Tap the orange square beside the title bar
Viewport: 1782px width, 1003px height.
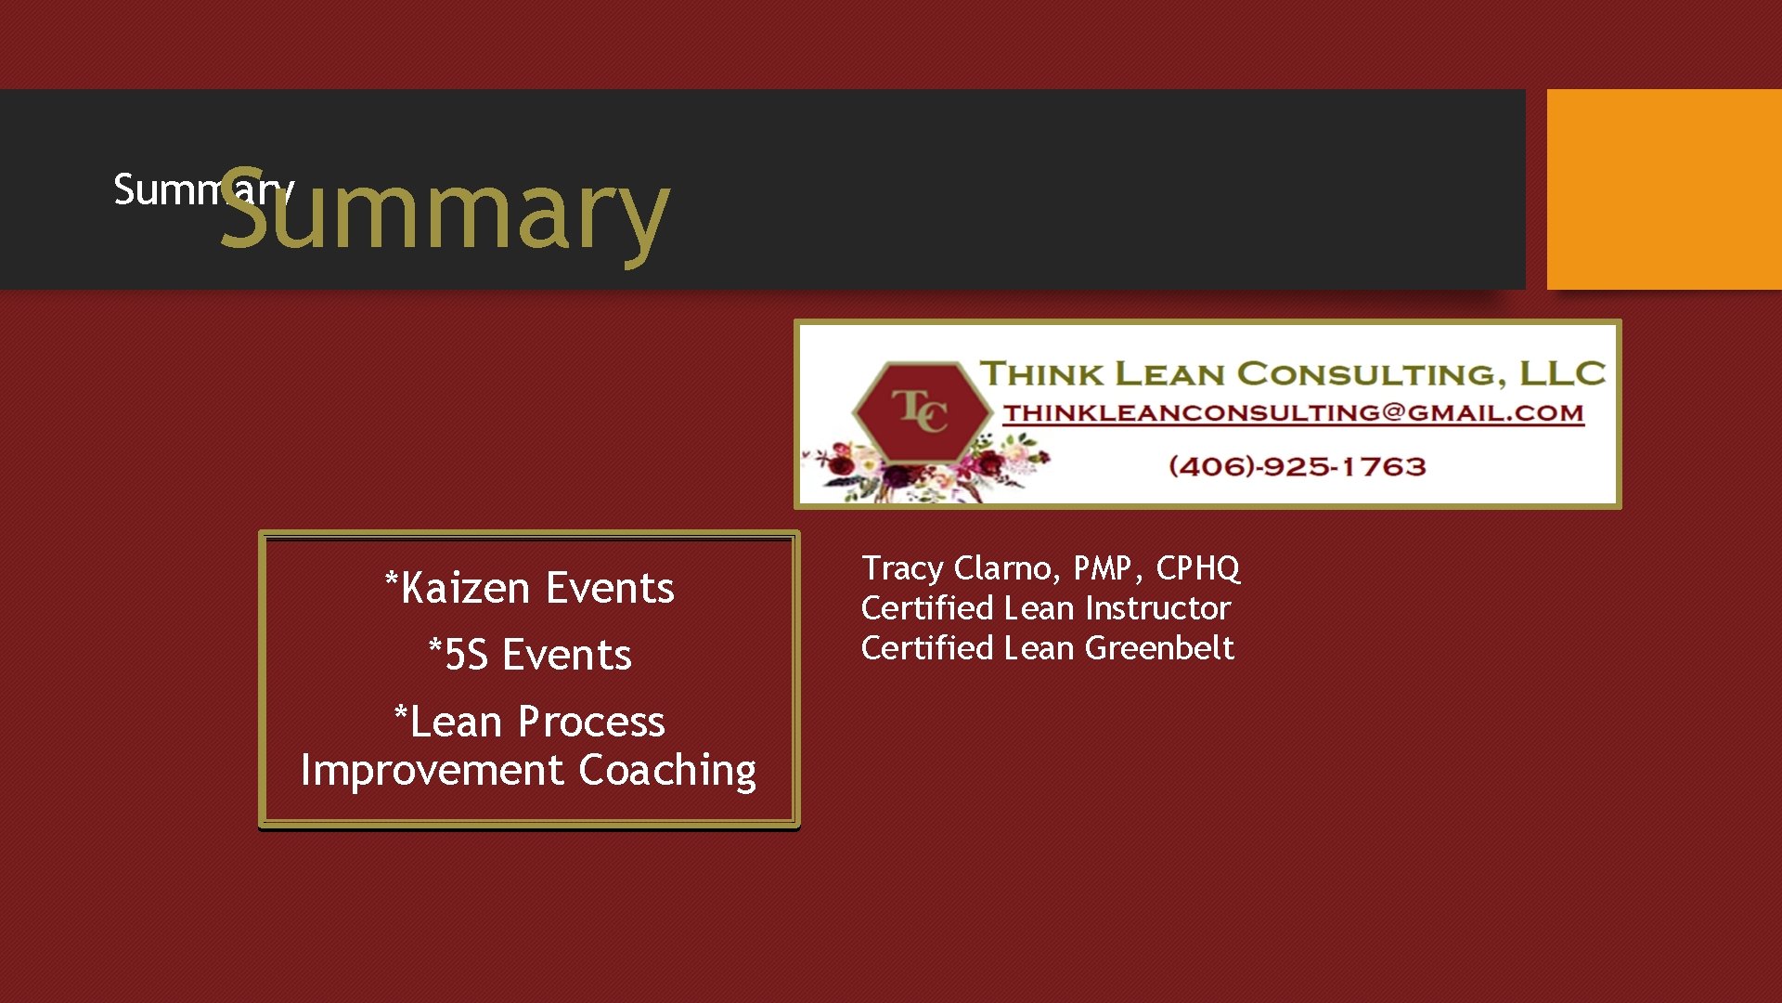[1663, 189]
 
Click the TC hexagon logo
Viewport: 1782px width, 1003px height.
[921, 410]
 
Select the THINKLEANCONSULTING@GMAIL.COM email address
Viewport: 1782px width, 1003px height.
[1293, 413]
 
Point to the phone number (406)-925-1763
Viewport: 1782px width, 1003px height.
[1297, 466]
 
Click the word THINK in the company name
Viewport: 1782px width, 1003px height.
[1042, 374]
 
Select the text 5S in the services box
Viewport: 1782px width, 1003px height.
[466, 656]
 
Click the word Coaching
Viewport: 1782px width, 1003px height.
[666, 771]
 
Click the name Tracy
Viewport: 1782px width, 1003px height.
[902, 567]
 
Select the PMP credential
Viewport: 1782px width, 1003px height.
[1102, 567]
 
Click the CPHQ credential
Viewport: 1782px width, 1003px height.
[1197, 567]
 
